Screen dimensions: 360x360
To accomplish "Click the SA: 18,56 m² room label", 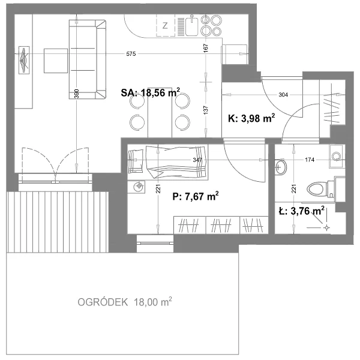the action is [151, 93].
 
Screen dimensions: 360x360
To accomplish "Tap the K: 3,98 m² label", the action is [251, 118].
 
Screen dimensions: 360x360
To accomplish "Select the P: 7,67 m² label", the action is [196, 197].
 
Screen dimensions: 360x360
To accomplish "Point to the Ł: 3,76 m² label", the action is [301, 211].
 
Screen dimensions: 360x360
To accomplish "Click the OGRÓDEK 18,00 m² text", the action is [125, 302].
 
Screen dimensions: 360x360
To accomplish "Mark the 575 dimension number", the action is [131, 54].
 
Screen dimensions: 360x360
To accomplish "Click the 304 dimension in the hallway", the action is [283, 95].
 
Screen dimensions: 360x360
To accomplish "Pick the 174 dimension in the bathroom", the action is [310, 160].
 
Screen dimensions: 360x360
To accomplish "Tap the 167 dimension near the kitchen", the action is [206, 48].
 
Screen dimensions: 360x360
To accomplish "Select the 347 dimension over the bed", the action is [197, 160].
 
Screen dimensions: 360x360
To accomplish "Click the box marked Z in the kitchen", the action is [166, 25].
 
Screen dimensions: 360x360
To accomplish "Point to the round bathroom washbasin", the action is [281, 167].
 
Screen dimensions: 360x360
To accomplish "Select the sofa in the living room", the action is [88, 59].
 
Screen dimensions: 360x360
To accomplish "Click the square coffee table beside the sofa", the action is [56, 61].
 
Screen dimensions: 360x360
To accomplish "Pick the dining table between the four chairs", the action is [160, 113].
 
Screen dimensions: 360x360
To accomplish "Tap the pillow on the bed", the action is [136, 161].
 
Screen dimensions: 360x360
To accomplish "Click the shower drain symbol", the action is [326, 228].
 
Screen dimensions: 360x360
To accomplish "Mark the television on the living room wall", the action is [24, 60].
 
